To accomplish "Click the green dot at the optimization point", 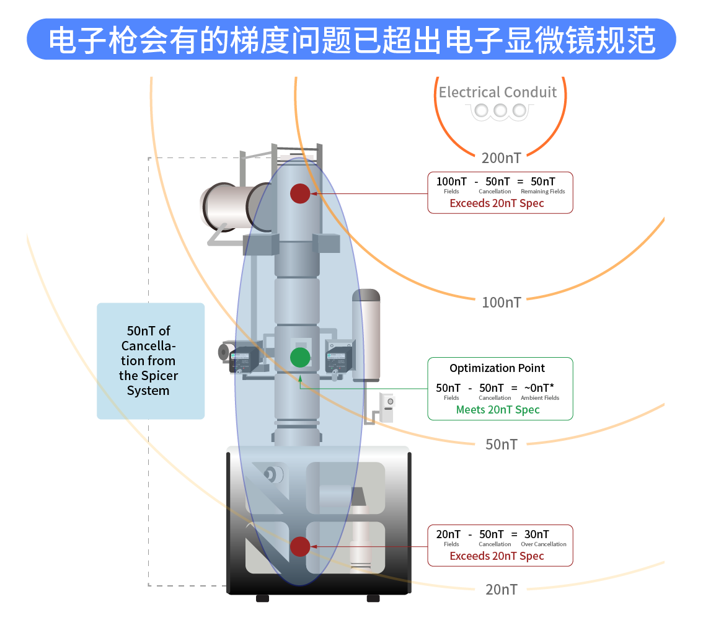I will click(300, 357).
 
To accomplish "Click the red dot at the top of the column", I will click(300, 193).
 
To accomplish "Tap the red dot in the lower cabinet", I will click(300, 546).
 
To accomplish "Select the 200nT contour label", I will click(501, 158).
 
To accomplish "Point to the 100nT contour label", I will click(502, 303).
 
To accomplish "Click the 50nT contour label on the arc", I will click(501, 445).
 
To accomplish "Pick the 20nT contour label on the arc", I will click(501, 590).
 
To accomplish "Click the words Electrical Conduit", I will click(498, 92).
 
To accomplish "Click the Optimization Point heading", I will click(497, 368).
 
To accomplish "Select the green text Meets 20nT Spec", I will click(498, 410).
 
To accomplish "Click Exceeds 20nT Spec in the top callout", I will click(497, 203).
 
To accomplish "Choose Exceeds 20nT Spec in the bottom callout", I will click(497, 556).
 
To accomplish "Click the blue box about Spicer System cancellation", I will click(151, 361).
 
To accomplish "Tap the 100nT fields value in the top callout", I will click(451, 182).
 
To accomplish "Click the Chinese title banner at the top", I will click(351, 39).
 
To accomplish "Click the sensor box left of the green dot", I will click(244, 360).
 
